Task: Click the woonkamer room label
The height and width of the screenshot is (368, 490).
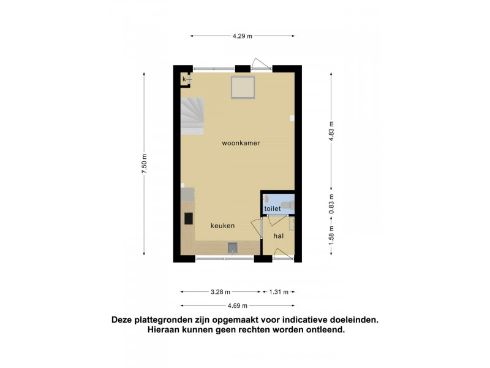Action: [x=241, y=143]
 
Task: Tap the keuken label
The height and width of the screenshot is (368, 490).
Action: [x=222, y=226]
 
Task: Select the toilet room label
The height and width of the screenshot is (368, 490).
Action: [x=273, y=209]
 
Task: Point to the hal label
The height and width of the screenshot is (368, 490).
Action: [x=279, y=236]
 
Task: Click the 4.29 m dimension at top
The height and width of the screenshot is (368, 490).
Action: [x=242, y=36]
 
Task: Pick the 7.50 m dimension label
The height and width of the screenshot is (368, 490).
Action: [x=144, y=164]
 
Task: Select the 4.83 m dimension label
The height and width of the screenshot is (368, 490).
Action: [x=331, y=131]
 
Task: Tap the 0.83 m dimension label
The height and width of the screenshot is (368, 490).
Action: [x=331, y=204]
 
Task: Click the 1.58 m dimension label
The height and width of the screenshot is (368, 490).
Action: [x=331, y=236]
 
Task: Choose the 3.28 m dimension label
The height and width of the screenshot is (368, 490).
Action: [x=221, y=292]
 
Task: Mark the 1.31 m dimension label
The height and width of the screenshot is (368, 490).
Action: [x=279, y=292]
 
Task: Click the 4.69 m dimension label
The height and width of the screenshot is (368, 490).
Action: [x=238, y=305]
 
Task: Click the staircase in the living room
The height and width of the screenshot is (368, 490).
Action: [x=192, y=116]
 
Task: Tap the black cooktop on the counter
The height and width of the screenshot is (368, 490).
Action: [x=189, y=218]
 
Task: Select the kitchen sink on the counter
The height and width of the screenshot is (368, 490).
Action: [x=233, y=248]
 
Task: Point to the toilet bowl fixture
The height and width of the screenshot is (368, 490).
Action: [x=287, y=205]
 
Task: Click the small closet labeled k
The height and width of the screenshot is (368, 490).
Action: [x=185, y=79]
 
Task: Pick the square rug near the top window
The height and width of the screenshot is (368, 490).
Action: [x=243, y=87]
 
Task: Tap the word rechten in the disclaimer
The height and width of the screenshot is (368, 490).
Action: [x=254, y=329]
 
